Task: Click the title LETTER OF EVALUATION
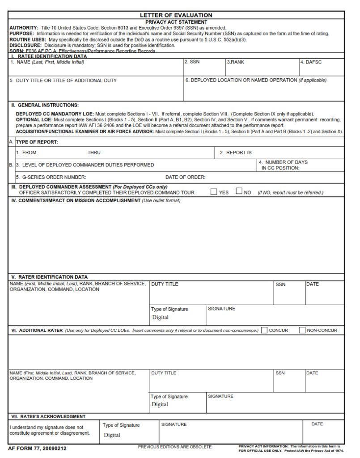[x=176, y=15]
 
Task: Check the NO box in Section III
[x=239, y=192]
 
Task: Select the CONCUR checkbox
[x=264, y=331]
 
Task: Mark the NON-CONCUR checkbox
[x=302, y=331]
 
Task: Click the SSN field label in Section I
[x=192, y=62]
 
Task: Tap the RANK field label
[x=235, y=62]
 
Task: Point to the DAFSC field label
[x=311, y=62]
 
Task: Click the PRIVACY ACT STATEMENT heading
[x=176, y=22]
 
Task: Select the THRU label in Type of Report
[x=94, y=153]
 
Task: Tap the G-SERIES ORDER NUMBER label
[x=51, y=177]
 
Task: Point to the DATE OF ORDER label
[x=185, y=177]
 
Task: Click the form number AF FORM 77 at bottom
[x=37, y=448]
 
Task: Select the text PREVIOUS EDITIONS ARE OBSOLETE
[x=175, y=447]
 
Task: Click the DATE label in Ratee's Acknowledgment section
[x=317, y=424]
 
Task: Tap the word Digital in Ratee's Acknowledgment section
[x=112, y=435]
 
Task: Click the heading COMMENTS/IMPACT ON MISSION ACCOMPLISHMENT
[x=76, y=200]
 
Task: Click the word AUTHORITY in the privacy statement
[x=24, y=28]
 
